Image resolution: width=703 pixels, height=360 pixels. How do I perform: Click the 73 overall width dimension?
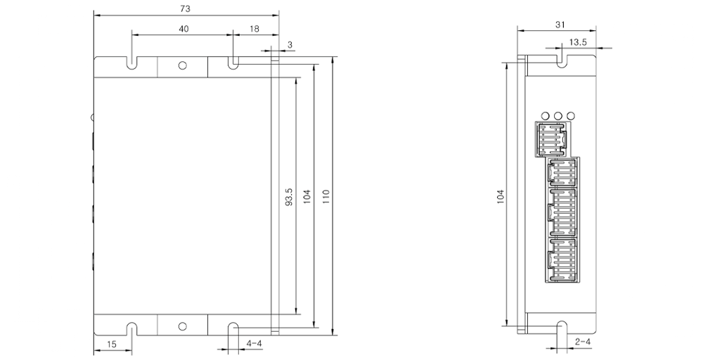coord(186,8)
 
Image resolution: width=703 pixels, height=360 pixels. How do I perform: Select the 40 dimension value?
coord(183,29)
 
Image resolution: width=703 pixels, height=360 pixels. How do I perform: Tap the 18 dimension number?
coord(254,29)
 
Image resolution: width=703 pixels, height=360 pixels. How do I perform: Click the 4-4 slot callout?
coord(254,343)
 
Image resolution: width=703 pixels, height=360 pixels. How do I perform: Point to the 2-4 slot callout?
coord(582,342)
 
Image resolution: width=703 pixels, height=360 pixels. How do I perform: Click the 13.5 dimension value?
coord(578,43)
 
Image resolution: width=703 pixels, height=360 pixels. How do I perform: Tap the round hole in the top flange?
coord(182,65)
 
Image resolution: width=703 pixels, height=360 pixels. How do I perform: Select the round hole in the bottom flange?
coord(182,326)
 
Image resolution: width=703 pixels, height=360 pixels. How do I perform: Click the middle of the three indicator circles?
coord(557,115)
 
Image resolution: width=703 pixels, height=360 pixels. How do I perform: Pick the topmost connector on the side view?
coord(553,139)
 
